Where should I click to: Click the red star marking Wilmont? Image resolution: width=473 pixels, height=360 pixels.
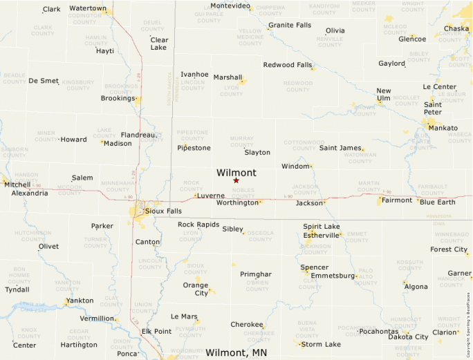pos(236,180)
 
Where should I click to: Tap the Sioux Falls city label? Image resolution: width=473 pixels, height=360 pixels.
pos(164,211)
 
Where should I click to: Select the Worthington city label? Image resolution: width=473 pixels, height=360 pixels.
pos(236,203)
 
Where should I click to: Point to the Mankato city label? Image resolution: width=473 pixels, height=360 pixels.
pos(443,128)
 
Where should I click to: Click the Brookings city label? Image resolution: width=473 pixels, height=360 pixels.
pos(118,98)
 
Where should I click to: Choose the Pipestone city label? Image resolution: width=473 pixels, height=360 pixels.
pos(194,148)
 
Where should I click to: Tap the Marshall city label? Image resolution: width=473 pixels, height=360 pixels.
pos(228,77)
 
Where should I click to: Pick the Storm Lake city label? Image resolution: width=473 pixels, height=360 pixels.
pos(321,344)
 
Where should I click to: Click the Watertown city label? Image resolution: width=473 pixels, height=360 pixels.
pos(88,9)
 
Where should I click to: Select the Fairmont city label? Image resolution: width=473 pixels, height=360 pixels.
pos(397,200)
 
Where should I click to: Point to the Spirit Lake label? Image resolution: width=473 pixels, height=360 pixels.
pos(322,227)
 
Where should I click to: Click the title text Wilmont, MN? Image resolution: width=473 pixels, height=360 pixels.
pos(236,352)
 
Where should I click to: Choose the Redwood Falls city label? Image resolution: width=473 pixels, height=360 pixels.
pos(288,65)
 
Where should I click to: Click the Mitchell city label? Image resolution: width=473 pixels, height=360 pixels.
pos(17,184)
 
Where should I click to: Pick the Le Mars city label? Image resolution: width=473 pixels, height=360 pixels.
pos(184,316)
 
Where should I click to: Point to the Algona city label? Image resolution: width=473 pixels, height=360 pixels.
pos(416,287)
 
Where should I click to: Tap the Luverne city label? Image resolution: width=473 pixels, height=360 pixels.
pos(211,196)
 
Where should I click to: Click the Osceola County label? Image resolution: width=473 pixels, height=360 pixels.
pos(260,236)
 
